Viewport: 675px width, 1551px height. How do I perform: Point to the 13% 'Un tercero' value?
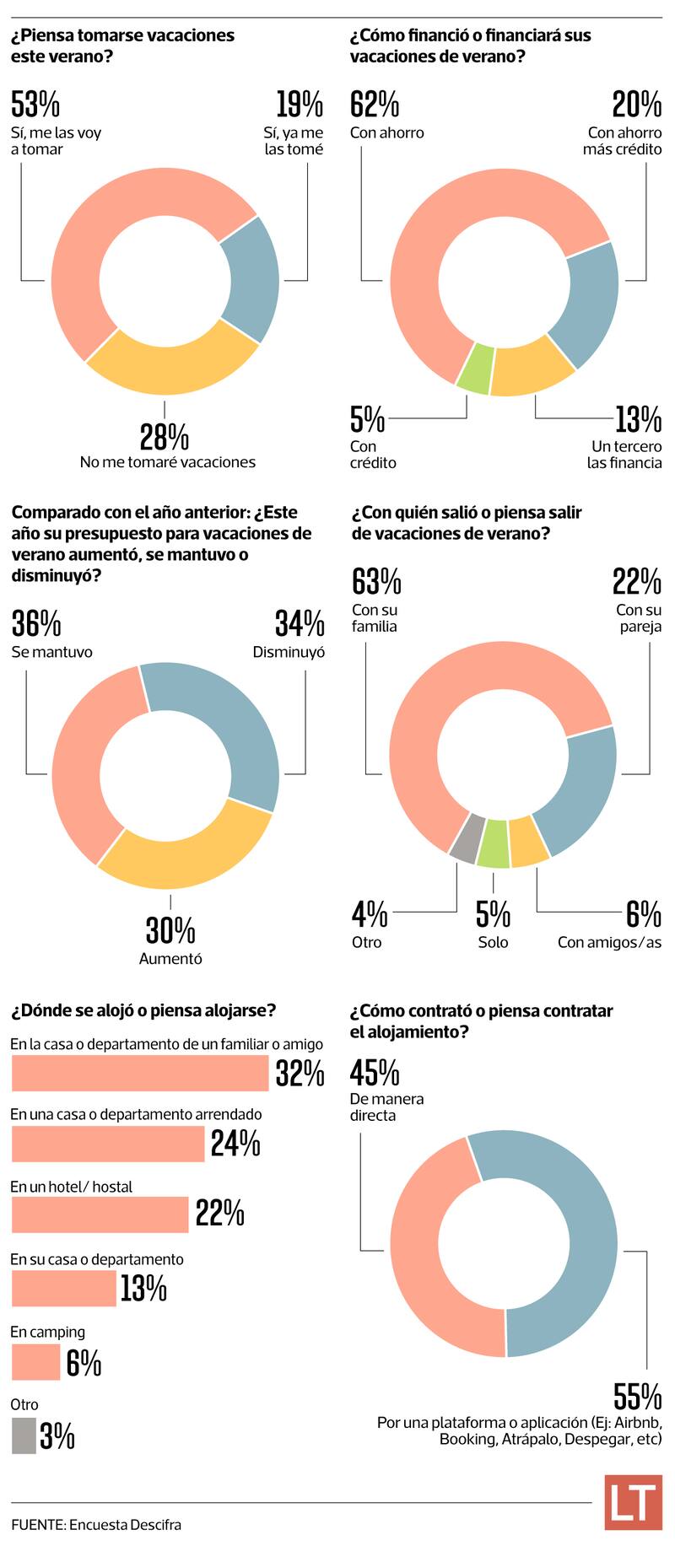click(x=638, y=418)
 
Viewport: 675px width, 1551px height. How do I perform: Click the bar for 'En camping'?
click(x=35, y=1362)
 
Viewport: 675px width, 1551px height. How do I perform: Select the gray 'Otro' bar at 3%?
click(x=24, y=1435)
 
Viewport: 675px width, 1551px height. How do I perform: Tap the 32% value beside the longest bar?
click(x=300, y=1074)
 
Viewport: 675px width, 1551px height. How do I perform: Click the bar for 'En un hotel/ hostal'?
click(x=100, y=1214)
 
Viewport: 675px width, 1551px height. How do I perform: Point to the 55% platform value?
click(x=638, y=1397)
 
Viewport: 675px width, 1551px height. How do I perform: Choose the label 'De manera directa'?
click(x=386, y=1107)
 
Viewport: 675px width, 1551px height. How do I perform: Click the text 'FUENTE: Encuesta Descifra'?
click(x=96, y=1525)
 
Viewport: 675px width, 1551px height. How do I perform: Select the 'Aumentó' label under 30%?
click(x=170, y=959)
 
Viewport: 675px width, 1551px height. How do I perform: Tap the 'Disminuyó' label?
click(x=289, y=652)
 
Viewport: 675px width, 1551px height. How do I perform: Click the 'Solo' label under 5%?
click(x=493, y=942)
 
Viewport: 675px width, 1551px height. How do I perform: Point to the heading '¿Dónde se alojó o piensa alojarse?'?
click(x=143, y=1010)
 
